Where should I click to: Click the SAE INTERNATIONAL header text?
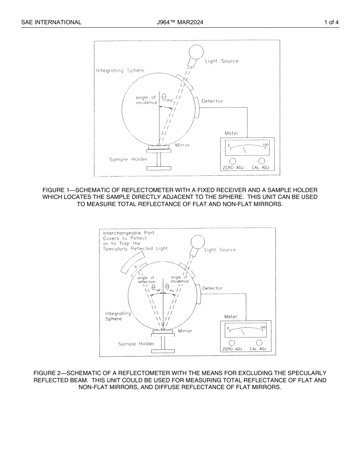51,22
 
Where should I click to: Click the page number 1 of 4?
331,22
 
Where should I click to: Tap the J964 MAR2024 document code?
180,22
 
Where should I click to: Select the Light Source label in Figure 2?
220,250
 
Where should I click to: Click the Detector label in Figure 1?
212,101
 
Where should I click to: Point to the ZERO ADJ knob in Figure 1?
233,161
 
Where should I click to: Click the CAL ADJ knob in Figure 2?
259,342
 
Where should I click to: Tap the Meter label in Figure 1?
232,133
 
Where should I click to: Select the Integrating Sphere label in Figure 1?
120,70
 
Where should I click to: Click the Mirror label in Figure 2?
185,331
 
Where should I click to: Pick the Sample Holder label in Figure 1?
128,160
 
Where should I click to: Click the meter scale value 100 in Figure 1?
266,145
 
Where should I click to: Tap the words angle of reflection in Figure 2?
146,280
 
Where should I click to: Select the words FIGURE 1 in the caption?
56,190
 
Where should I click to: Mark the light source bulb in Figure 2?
197,242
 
